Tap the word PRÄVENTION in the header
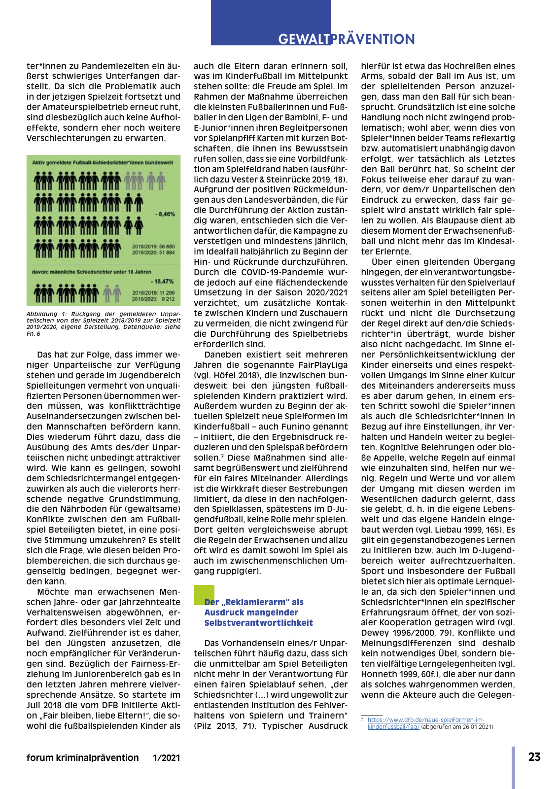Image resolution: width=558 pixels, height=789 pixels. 373,39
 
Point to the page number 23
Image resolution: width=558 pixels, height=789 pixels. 534,757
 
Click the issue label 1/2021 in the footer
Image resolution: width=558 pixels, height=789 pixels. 166,758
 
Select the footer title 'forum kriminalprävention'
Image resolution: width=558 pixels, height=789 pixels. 82,758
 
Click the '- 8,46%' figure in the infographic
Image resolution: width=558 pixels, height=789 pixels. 165,214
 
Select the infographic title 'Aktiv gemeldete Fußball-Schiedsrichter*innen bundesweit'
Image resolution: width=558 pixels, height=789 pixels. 103,162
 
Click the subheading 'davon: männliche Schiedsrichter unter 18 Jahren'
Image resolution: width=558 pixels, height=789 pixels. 92,272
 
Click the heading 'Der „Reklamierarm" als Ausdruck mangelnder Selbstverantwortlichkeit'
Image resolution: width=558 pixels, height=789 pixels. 258,612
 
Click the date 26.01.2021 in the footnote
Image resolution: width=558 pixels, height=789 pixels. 479,727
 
